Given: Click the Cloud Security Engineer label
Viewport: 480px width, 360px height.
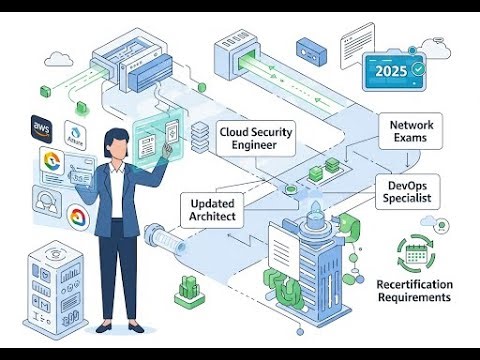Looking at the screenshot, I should (257, 137).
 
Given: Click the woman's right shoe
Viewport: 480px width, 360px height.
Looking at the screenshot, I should (134, 326).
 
